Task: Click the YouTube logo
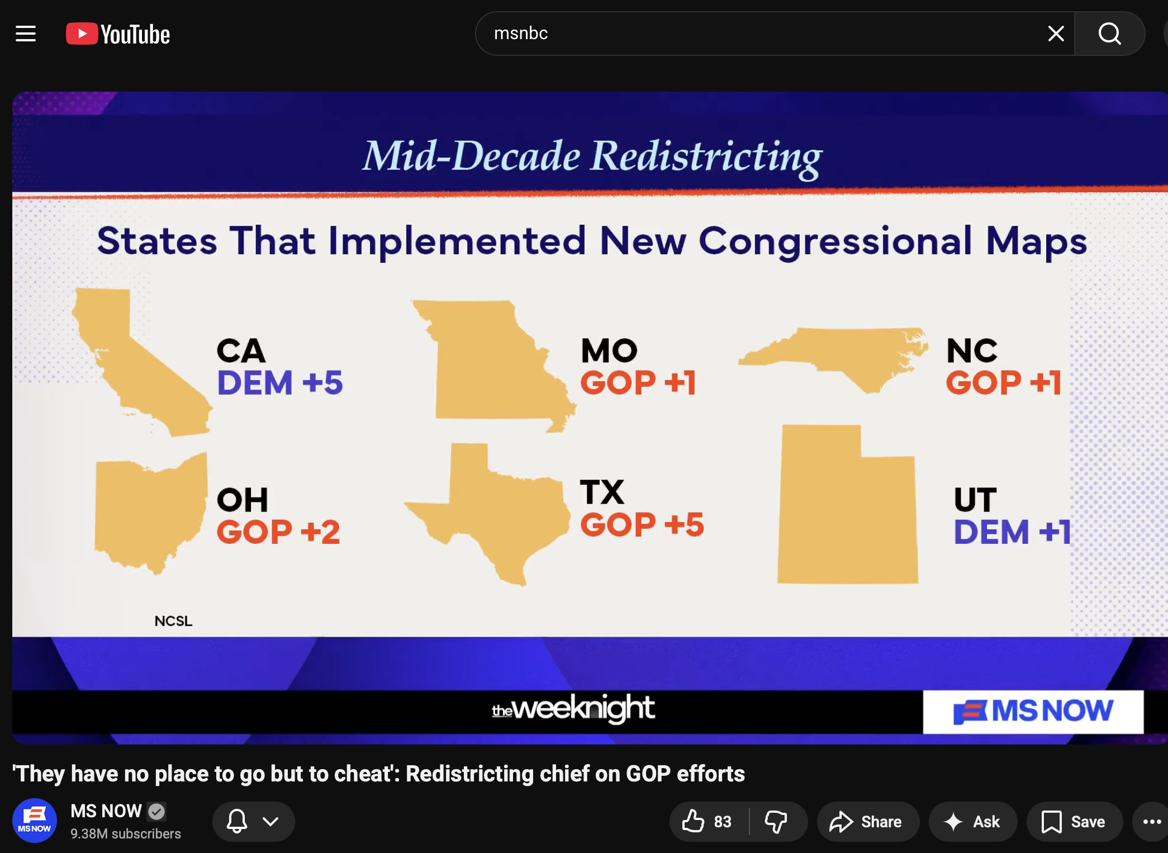(118, 34)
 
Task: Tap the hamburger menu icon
(26, 34)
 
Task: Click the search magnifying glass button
(1109, 34)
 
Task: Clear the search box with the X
(1056, 34)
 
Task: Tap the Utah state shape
(847, 509)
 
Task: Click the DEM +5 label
(280, 383)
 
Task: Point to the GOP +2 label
(278, 532)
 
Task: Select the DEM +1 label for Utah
(1012, 532)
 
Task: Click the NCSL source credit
(173, 621)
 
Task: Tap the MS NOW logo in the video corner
(1033, 712)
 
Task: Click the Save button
(1074, 822)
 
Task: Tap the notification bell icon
(237, 821)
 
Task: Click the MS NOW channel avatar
(35, 821)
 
